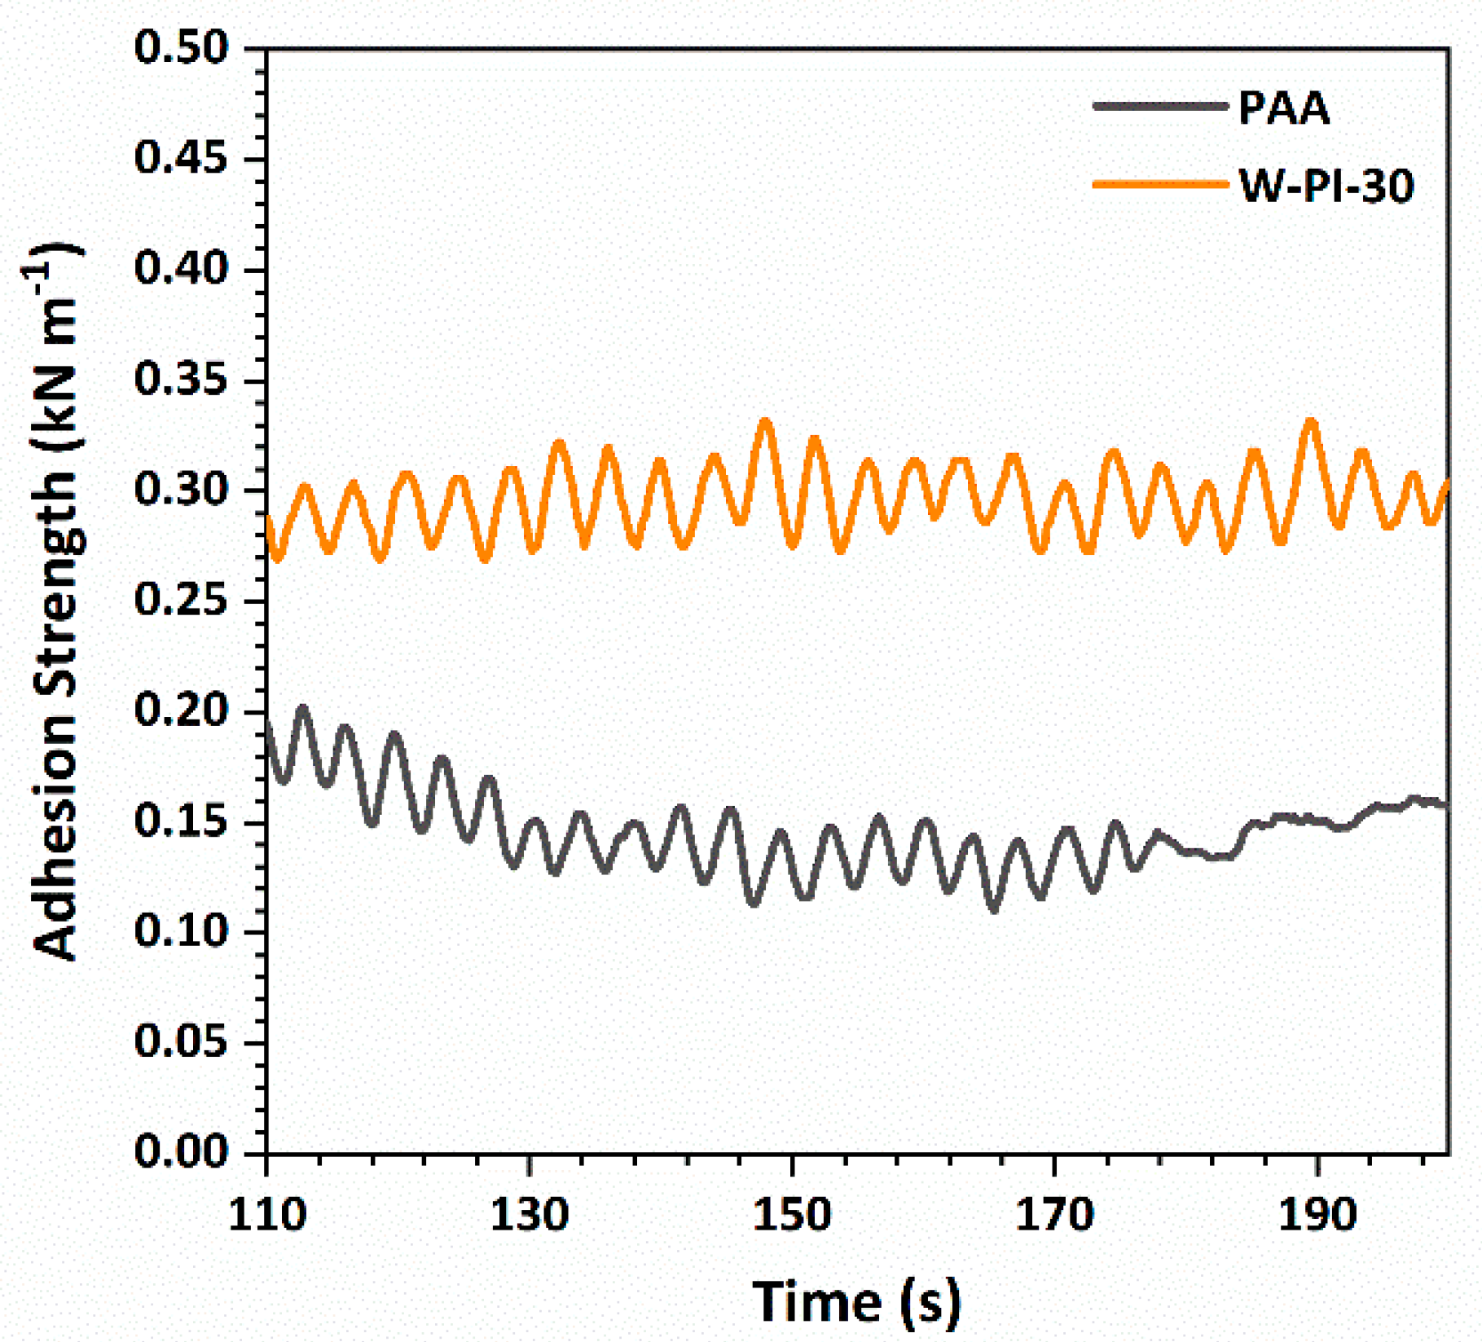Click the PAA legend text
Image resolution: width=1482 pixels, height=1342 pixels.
coord(1283,108)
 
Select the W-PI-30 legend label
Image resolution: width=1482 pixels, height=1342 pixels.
coord(1326,186)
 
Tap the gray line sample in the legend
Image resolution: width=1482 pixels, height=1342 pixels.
coord(1159,106)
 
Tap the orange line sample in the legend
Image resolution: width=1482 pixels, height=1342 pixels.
coord(1159,184)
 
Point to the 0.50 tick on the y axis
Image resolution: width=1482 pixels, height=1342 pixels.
coord(182,48)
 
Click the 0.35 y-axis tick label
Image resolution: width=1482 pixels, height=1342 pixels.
coord(182,380)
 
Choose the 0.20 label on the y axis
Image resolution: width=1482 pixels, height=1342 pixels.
coord(182,711)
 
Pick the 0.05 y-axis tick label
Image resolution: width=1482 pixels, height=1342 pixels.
coord(182,1042)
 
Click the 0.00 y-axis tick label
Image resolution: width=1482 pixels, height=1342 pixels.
coord(182,1152)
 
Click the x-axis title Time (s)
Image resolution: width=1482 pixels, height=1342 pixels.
coord(855,1301)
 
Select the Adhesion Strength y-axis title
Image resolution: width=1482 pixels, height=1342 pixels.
coord(55,603)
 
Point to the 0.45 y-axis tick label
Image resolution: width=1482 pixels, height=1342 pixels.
coord(182,159)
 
